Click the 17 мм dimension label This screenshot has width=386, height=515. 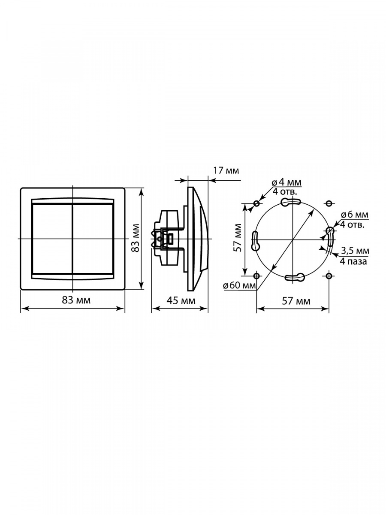pos(226,171)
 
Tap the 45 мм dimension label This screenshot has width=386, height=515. pos(181,300)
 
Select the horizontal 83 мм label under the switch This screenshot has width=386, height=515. pos(76,300)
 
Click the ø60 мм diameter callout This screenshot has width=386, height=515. pos(239,285)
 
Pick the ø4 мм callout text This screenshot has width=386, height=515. pos(286,182)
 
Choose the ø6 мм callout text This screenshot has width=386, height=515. pos(355,215)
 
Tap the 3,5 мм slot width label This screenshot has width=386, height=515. pos(355,251)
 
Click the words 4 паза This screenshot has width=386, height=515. pos(353,261)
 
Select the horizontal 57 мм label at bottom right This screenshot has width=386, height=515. pos(296,301)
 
